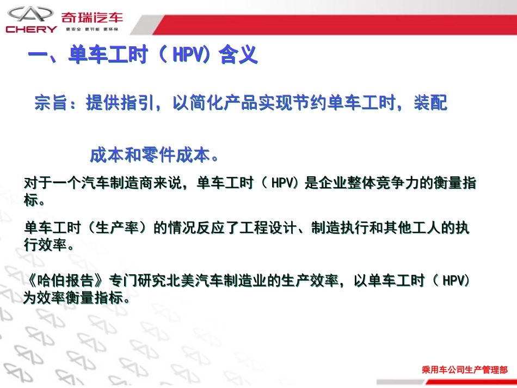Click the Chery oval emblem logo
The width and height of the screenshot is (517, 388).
click(x=32, y=14)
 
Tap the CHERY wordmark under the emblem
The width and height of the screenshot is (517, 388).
click(x=32, y=29)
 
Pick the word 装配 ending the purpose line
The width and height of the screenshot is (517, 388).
click(x=430, y=103)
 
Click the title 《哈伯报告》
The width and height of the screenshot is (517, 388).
click(x=65, y=281)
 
